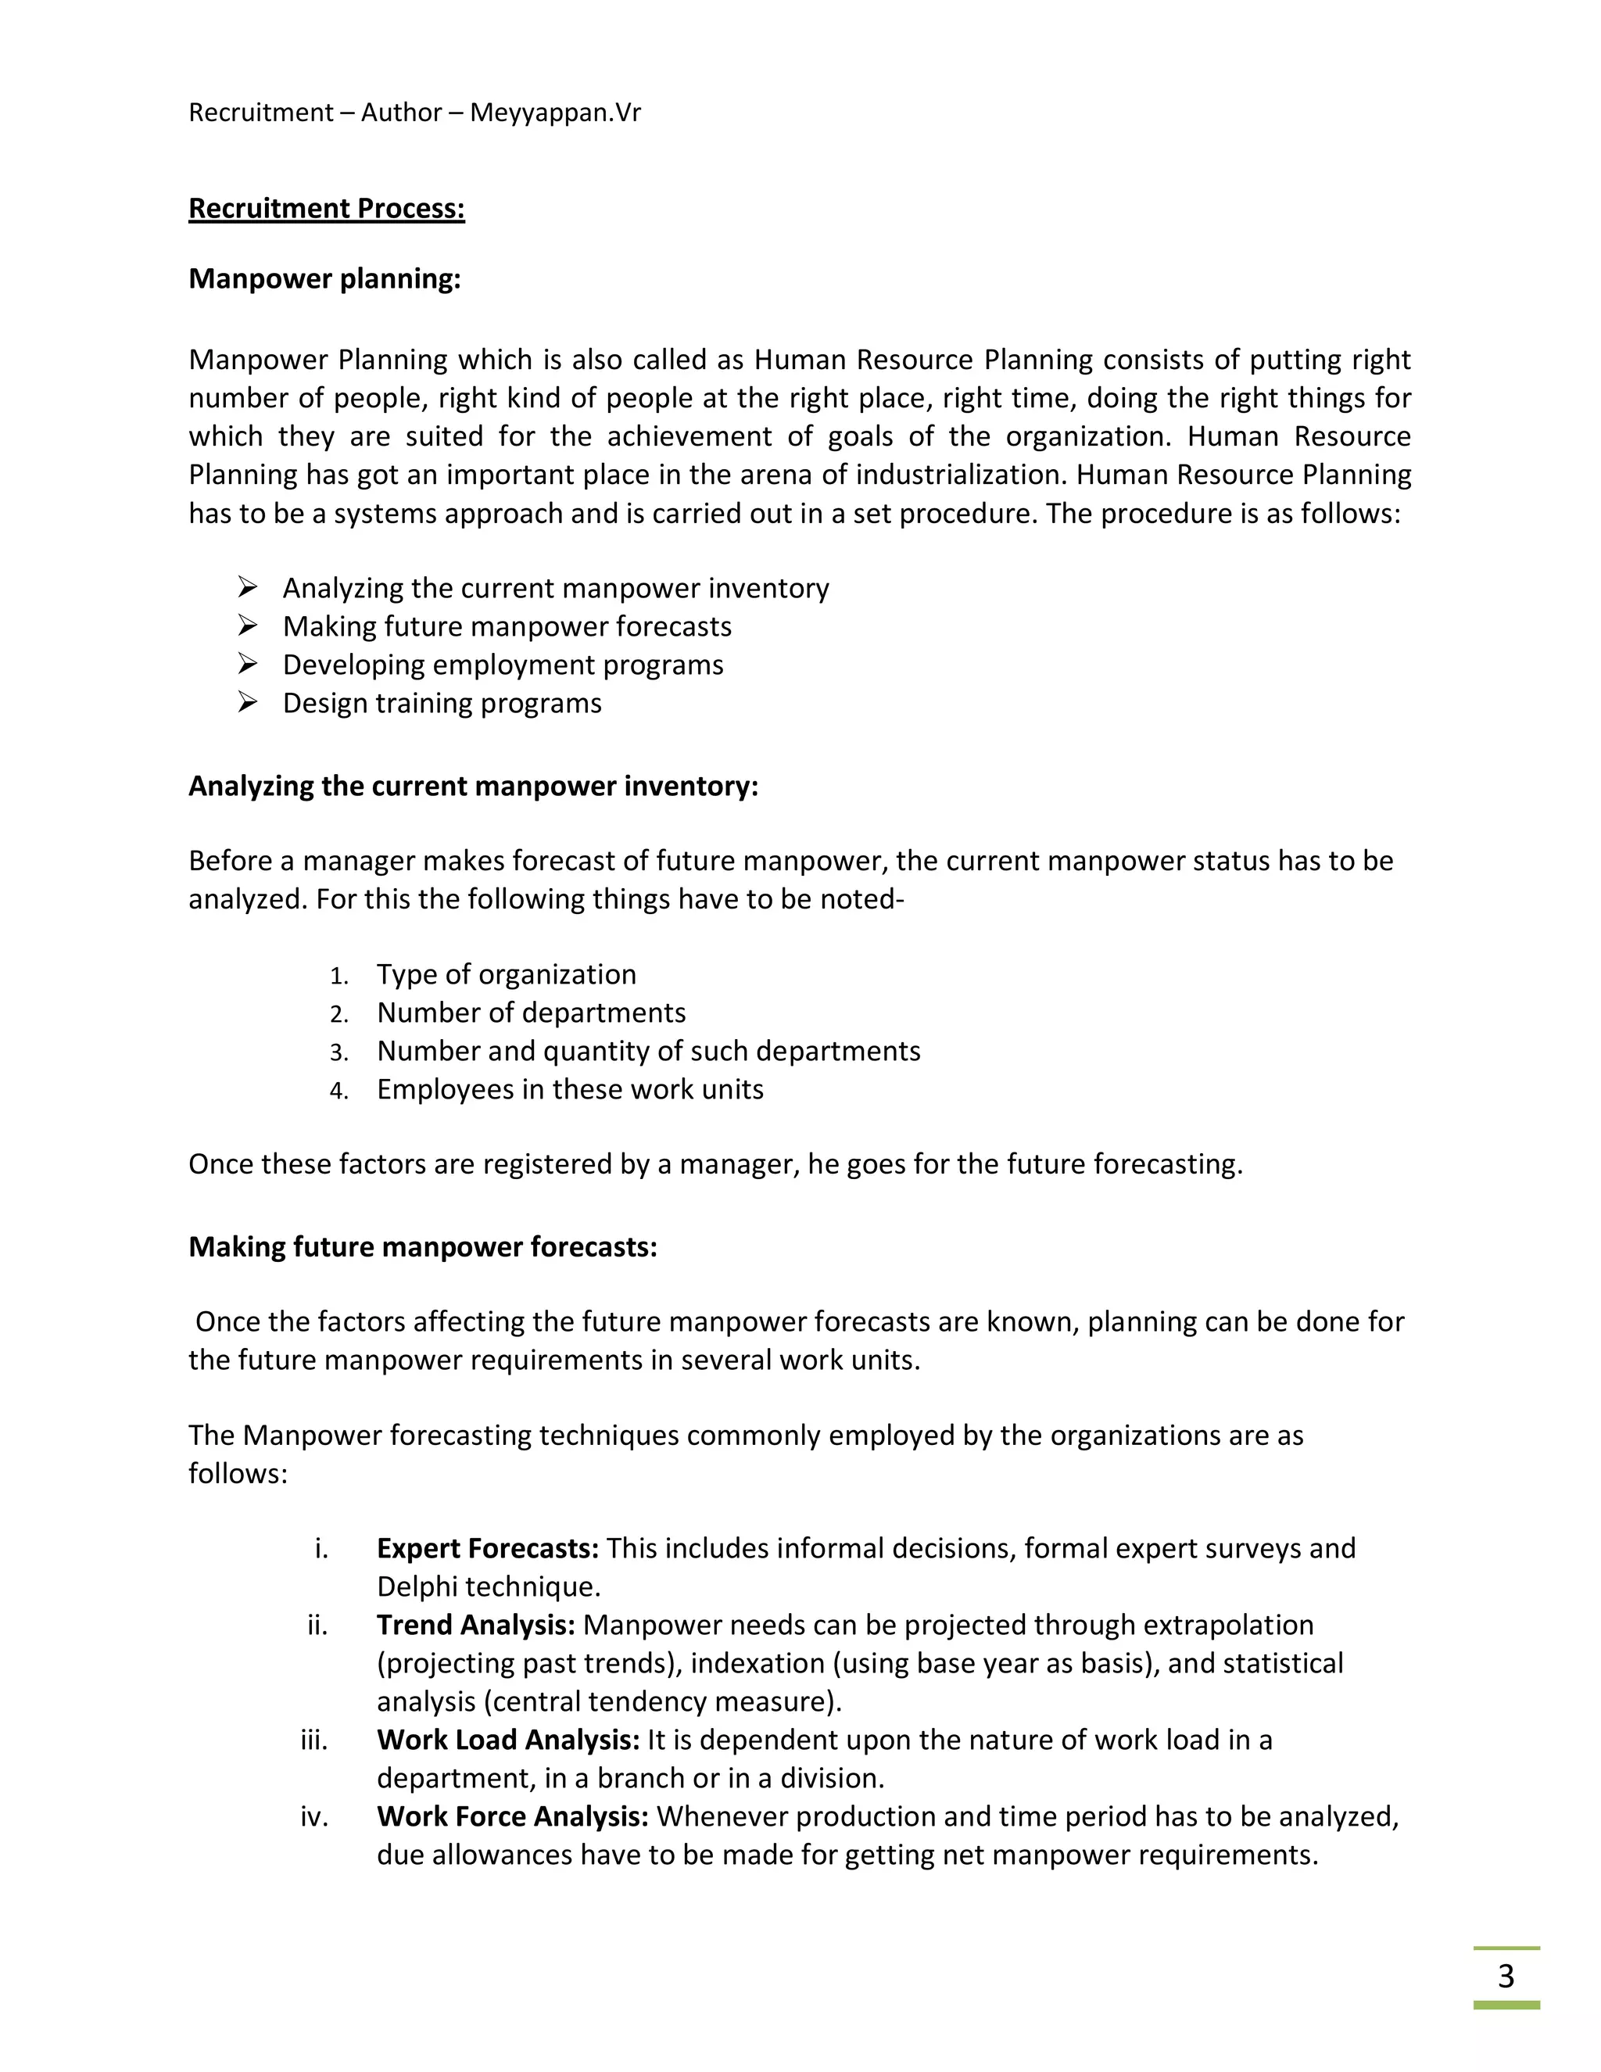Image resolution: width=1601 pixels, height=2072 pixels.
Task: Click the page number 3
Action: (x=1505, y=1976)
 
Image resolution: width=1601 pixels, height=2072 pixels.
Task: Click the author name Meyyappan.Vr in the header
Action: (x=555, y=113)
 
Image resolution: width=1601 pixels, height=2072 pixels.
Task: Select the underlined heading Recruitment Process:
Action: (x=326, y=209)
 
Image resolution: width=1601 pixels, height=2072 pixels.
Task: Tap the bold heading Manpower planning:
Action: (x=324, y=279)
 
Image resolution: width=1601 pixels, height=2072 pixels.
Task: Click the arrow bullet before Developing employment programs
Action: (x=248, y=664)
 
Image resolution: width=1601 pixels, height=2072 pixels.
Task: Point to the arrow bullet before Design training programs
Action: (x=248, y=702)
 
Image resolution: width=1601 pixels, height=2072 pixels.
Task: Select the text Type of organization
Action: (x=506, y=974)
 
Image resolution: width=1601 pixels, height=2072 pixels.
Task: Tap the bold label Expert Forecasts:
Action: (x=488, y=1548)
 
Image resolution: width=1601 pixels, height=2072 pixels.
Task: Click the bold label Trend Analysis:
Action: (x=475, y=1626)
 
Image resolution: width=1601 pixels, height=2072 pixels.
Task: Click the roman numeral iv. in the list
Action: (x=314, y=1817)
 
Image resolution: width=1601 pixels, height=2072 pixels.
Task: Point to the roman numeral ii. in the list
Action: (x=317, y=1626)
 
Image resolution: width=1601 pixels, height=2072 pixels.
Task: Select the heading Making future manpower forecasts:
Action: (x=422, y=1246)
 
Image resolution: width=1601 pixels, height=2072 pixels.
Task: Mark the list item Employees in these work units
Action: (x=569, y=1089)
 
